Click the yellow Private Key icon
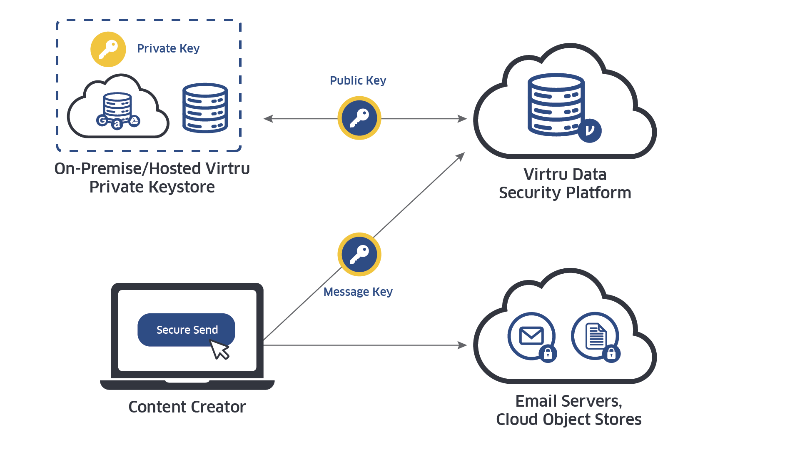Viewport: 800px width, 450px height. coord(108,49)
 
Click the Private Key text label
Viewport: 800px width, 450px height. coord(168,49)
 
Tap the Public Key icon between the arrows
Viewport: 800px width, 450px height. coord(359,118)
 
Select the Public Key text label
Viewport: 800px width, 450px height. coord(358,80)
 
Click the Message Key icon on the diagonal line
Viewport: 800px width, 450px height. coord(359,254)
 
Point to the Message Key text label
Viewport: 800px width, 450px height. coord(358,292)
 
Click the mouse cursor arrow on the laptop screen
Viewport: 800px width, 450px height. coord(220,349)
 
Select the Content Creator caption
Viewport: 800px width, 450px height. coord(187,407)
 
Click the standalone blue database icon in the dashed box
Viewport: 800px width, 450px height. coord(205,108)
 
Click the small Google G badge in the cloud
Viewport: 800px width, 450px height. coord(102,121)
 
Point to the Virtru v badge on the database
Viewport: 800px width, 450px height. coord(589,130)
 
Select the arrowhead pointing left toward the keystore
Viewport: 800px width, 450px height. coord(267,119)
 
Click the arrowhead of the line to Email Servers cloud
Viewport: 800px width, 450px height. coord(463,345)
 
